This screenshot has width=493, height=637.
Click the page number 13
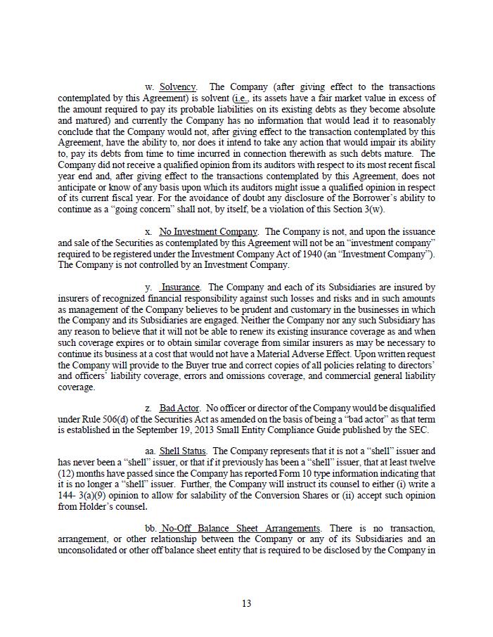246,603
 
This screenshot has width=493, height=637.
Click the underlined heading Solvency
177,87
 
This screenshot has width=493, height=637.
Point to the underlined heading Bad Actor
179,408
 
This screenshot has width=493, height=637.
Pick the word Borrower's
375,199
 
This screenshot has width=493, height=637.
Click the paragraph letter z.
148,408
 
